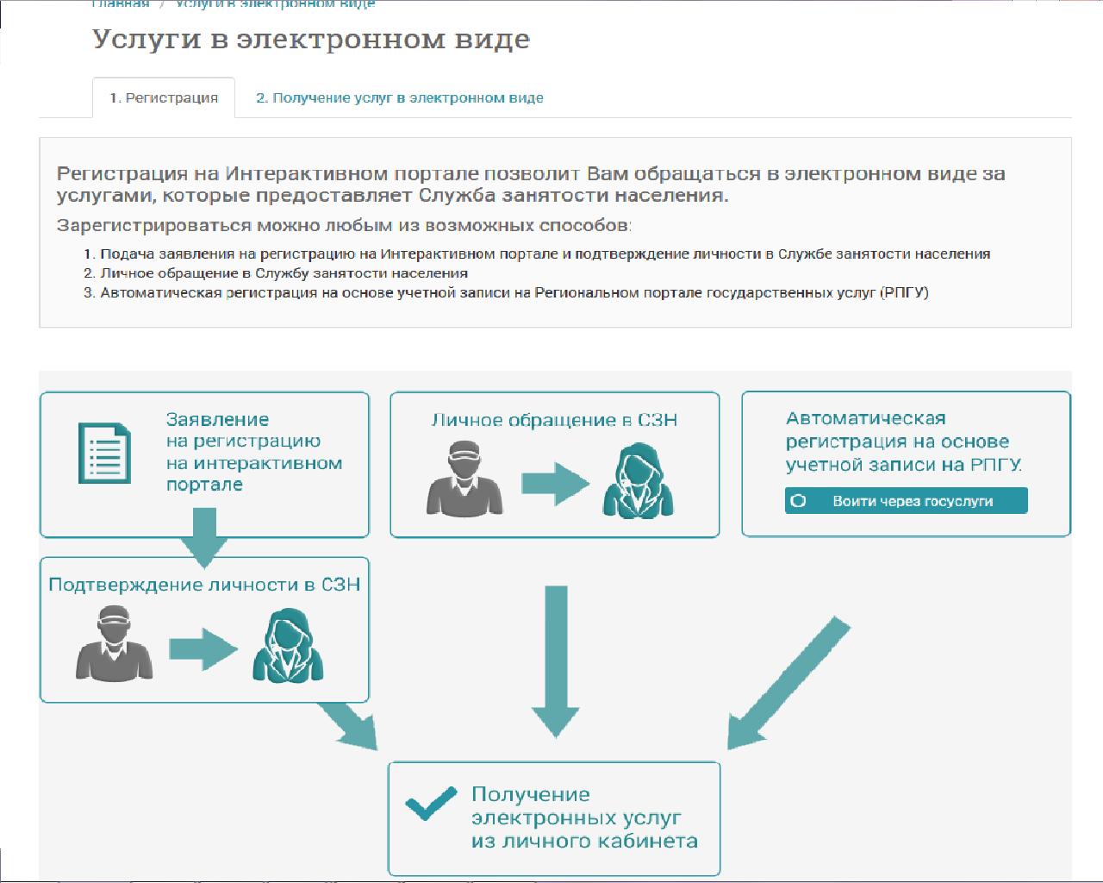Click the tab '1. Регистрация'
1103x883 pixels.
coord(164,98)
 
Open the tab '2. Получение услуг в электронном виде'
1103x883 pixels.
coord(399,98)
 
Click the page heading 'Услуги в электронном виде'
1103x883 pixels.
coord(310,40)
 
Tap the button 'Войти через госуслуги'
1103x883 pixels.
coord(906,501)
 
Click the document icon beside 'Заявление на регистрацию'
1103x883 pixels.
coord(103,453)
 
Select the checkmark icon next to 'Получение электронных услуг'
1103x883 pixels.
coord(431,805)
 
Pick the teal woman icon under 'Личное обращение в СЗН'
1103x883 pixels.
coord(638,479)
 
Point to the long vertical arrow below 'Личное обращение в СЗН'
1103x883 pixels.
coord(555,660)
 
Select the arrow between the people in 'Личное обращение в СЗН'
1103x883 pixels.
coord(555,484)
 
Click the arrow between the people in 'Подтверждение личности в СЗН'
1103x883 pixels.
coord(203,648)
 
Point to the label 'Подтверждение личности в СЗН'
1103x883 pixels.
coord(204,585)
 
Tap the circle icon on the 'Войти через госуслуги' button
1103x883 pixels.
coord(798,501)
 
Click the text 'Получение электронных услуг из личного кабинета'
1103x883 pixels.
coord(583,817)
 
